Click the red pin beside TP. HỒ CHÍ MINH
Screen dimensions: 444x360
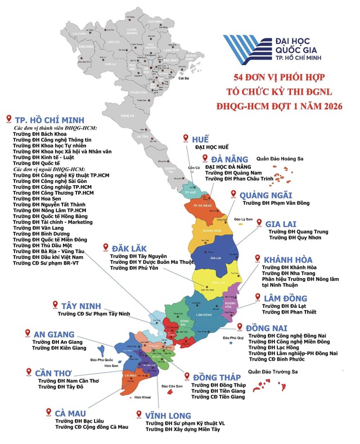(x=8, y=118)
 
